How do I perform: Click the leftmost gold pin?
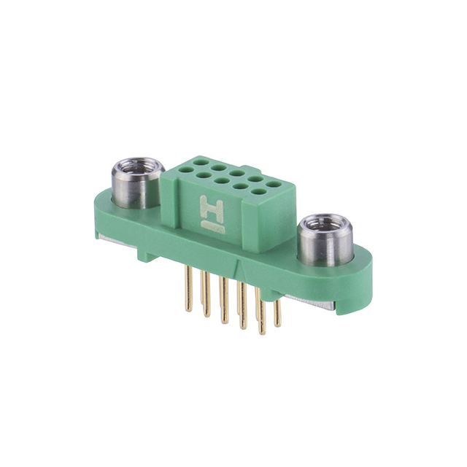[189, 289]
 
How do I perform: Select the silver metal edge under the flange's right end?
[314, 303]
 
